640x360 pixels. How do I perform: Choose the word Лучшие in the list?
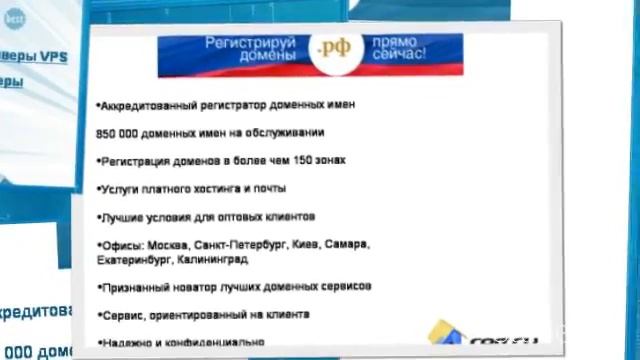(123, 216)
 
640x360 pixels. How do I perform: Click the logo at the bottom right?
(481, 334)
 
